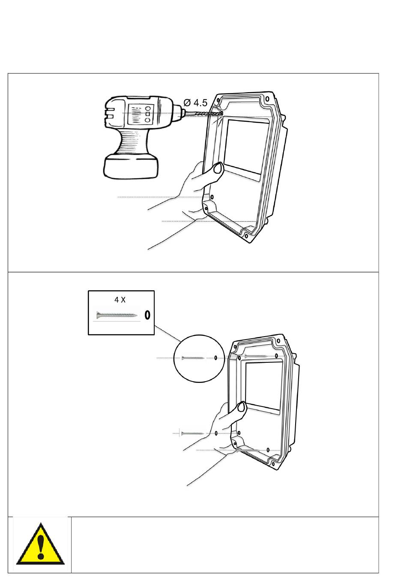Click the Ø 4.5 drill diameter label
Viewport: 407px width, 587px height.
pyautogui.click(x=195, y=103)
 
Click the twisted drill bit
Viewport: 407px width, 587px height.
pyautogui.click(x=203, y=114)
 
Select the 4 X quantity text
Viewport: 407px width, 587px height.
pyautogui.click(x=120, y=300)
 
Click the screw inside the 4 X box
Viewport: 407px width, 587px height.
pyautogui.click(x=117, y=316)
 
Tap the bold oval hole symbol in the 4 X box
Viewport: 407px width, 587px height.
pyautogui.click(x=147, y=315)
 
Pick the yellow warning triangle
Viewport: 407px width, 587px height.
pyautogui.click(x=40, y=544)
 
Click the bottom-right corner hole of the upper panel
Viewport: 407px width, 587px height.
pyautogui.click(x=246, y=235)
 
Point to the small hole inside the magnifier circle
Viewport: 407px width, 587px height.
pyautogui.click(x=216, y=358)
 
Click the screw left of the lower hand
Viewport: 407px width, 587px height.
pyautogui.click(x=192, y=433)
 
